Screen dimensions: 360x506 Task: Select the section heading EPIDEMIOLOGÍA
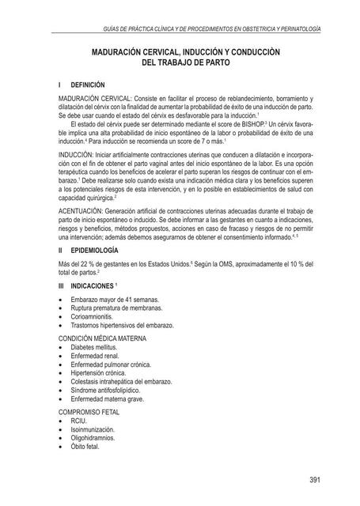click(97, 271)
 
